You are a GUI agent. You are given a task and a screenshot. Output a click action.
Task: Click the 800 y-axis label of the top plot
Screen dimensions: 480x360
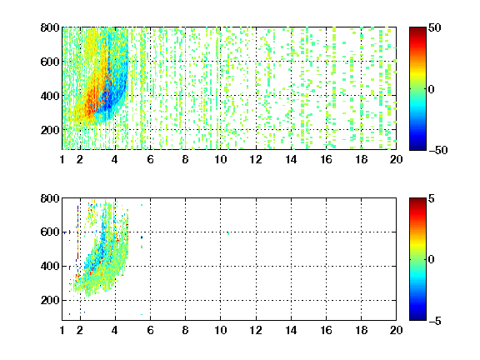[50, 27]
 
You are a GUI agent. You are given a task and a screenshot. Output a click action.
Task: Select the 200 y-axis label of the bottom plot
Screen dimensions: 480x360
[50, 300]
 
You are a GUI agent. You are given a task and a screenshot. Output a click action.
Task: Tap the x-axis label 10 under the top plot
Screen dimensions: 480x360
[220, 159]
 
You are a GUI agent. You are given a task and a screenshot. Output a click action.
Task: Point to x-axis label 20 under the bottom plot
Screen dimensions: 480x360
[396, 330]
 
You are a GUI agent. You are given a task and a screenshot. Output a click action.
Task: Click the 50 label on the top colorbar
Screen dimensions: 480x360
[434, 27]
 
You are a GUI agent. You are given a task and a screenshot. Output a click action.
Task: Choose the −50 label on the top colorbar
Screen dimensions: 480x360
[438, 150]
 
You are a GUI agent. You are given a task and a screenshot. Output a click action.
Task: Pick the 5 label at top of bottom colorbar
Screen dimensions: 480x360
[432, 198]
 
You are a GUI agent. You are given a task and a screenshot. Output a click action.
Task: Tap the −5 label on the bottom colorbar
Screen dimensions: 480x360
[435, 321]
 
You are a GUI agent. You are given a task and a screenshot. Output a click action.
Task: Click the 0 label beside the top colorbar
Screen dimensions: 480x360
[432, 89]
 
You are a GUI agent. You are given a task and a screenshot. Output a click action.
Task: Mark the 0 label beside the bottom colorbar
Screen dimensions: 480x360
[432, 260]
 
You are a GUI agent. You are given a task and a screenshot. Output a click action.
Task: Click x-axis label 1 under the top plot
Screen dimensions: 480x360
[62, 159]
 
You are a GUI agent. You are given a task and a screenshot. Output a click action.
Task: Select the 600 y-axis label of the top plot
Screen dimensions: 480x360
[50, 62]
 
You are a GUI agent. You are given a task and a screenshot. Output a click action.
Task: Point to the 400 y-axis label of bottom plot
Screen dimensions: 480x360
[50, 266]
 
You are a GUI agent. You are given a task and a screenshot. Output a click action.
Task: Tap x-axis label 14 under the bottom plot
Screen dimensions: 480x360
[291, 330]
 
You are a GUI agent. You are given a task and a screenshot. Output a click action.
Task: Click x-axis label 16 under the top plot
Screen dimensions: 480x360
[326, 159]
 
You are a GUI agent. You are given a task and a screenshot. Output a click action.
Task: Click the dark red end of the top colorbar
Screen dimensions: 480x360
[417, 30]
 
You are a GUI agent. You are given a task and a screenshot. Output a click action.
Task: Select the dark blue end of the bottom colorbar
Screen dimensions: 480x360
[417, 317]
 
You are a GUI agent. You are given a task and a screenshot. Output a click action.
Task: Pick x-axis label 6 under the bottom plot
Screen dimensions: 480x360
[150, 330]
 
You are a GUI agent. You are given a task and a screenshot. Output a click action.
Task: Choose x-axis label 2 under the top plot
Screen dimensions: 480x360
[80, 159]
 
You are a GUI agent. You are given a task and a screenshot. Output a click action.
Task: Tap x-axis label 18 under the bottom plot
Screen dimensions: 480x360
[361, 330]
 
